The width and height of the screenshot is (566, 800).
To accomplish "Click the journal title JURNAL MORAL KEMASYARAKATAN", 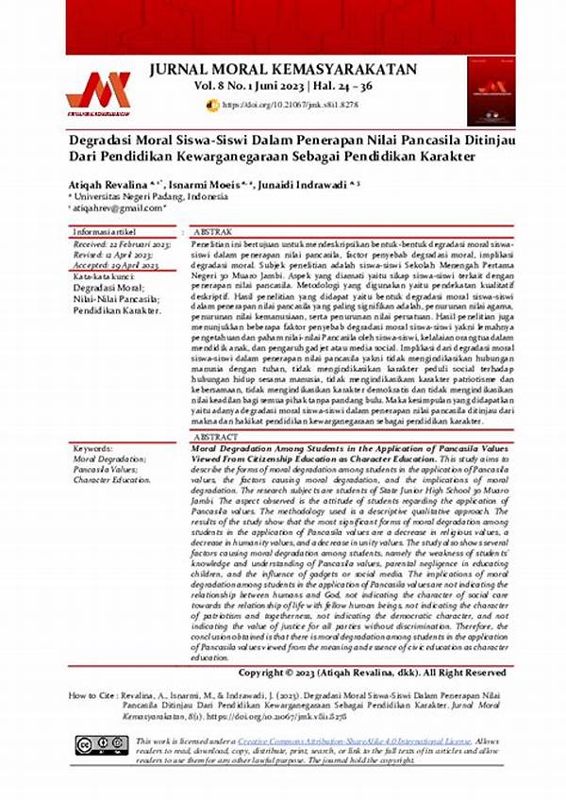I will (294, 69).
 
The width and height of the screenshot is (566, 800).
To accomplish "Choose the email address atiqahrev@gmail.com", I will (118, 208).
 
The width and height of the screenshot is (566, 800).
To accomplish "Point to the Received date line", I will (120, 244).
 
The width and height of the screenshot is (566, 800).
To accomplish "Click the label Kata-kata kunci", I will (107, 277).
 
